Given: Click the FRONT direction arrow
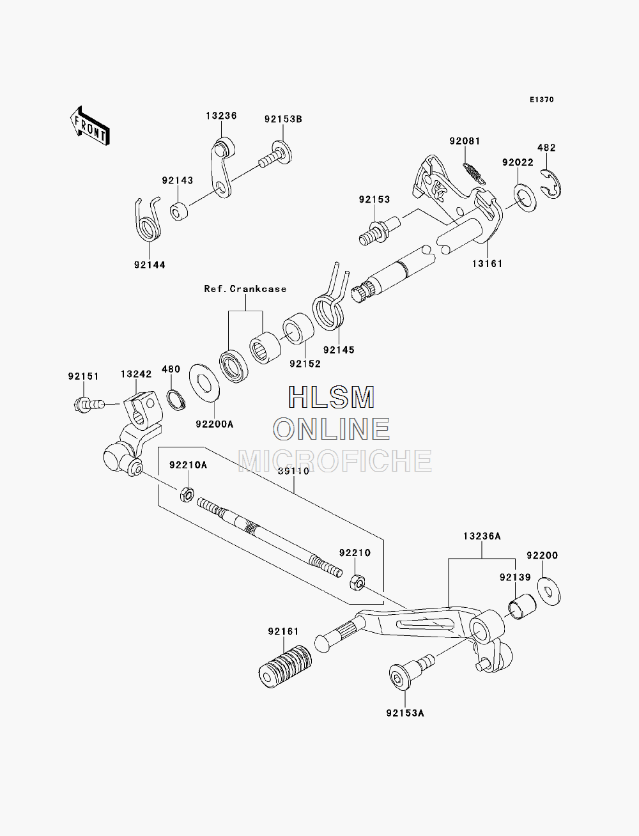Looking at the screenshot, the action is (90, 126).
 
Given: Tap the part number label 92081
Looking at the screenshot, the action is (465, 141).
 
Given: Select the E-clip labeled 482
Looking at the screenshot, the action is (551, 184).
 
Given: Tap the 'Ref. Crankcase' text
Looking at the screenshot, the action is (245, 289).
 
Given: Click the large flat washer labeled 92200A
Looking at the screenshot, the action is (204, 383).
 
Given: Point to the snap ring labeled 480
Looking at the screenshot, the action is (176, 400).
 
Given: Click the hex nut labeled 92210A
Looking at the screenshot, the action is (187, 494).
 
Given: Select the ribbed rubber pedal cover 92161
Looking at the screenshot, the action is (285, 666).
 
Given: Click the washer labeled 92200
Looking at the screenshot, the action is (549, 591).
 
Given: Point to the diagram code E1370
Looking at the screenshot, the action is (541, 100).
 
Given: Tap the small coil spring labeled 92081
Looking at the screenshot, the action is (473, 173).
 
